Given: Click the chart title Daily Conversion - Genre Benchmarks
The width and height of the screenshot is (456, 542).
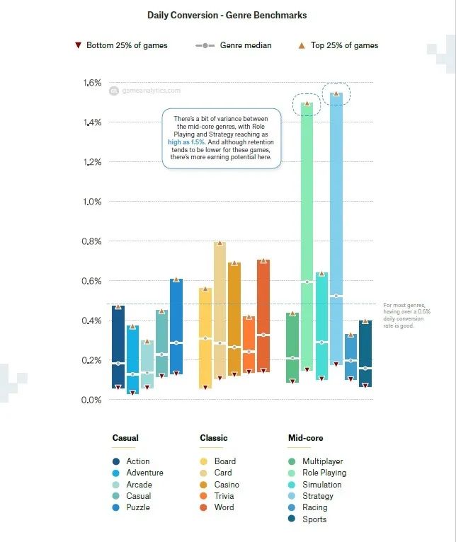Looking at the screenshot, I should pyautogui.click(x=227, y=14).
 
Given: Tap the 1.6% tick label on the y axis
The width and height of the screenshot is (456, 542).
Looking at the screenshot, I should pyautogui.click(x=93, y=83).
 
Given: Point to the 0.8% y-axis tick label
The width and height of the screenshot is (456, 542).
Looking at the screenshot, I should pyautogui.click(x=93, y=241).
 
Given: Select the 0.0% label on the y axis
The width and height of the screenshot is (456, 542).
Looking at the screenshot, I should pyautogui.click(x=93, y=400).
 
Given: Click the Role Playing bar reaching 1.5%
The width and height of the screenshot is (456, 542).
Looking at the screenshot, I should pyautogui.click(x=307, y=233).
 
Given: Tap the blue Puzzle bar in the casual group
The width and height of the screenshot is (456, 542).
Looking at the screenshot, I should pyautogui.click(x=176, y=325).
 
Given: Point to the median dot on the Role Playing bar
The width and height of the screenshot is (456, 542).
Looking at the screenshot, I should pyautogui.click(x=307, y=282).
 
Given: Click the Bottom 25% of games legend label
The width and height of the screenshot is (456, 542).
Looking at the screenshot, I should pyautogui.click(x=127, y=45).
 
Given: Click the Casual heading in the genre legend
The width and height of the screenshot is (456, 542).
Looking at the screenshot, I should pyautogui.click(x=125, y=438).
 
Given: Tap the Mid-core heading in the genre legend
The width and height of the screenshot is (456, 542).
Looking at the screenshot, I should pyautogui.click(x=305, y=438).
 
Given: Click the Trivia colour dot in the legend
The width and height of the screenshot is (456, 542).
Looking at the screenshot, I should pyautogui.click(x=204, y=496).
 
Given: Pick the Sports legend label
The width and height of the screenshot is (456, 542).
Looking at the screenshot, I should pyautogui.click(x=314, y=519).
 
